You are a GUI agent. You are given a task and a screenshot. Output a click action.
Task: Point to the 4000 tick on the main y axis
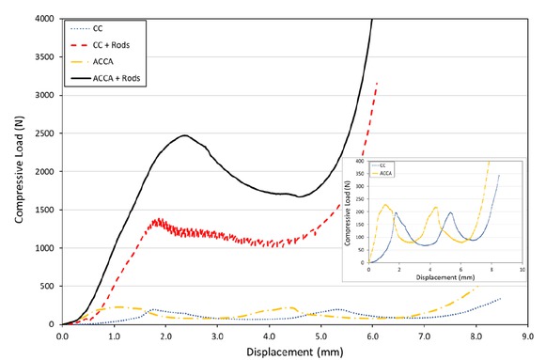[x=44, y=19]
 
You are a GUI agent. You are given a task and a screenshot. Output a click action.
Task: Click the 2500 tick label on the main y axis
[x=44, y=133]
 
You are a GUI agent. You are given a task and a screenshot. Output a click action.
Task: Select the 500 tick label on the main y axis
[x=47, y=287]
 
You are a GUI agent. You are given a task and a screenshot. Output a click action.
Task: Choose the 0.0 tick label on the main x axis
[x=63, y=334]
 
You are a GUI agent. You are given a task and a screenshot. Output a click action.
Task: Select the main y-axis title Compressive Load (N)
[x=16, y=171]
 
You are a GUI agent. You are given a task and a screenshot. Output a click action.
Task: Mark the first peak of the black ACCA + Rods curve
[x=185, y=135]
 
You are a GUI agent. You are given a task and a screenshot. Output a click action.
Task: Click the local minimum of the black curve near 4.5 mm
[x=300, y=196]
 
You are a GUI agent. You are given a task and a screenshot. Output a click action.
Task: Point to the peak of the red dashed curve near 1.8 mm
[x=158, y=220]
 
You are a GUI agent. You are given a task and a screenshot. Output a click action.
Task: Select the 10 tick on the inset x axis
[x=522, y=269]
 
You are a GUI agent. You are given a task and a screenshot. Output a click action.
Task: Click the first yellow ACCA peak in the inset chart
[x=385, y=205]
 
